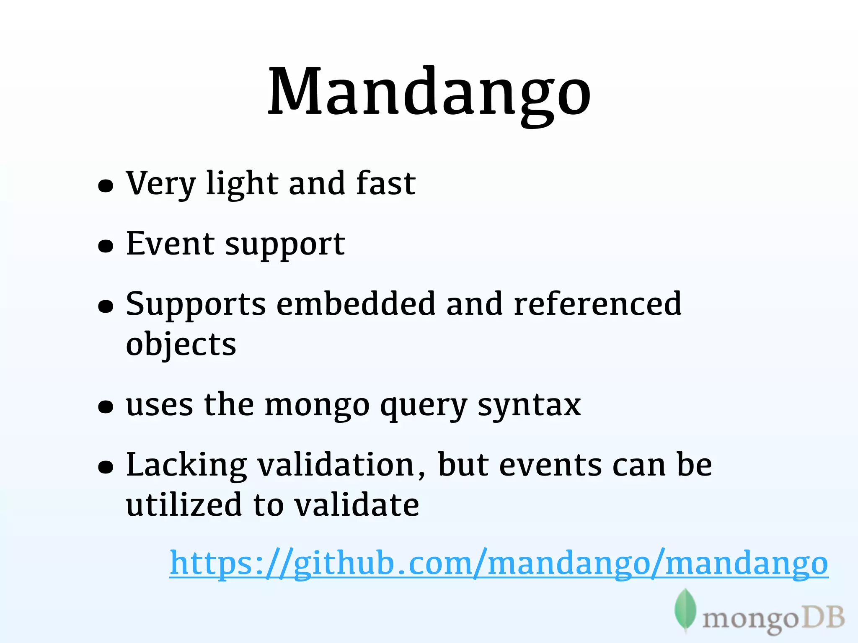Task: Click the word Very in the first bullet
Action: pos(160,184)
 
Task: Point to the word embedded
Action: pos(356,304)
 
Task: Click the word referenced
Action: pos(597,304)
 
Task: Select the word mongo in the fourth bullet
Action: pos(317,406)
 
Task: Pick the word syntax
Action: pos(529,406)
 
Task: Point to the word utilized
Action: pos(184,505)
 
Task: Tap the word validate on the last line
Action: pos(356,505)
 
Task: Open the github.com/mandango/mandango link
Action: pos(499,563)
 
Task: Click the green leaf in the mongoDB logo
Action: pos(685,610)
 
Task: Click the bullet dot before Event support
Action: pos(106,246)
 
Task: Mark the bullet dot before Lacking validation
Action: pos(106,467)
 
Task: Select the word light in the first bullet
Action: pos(242,184)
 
